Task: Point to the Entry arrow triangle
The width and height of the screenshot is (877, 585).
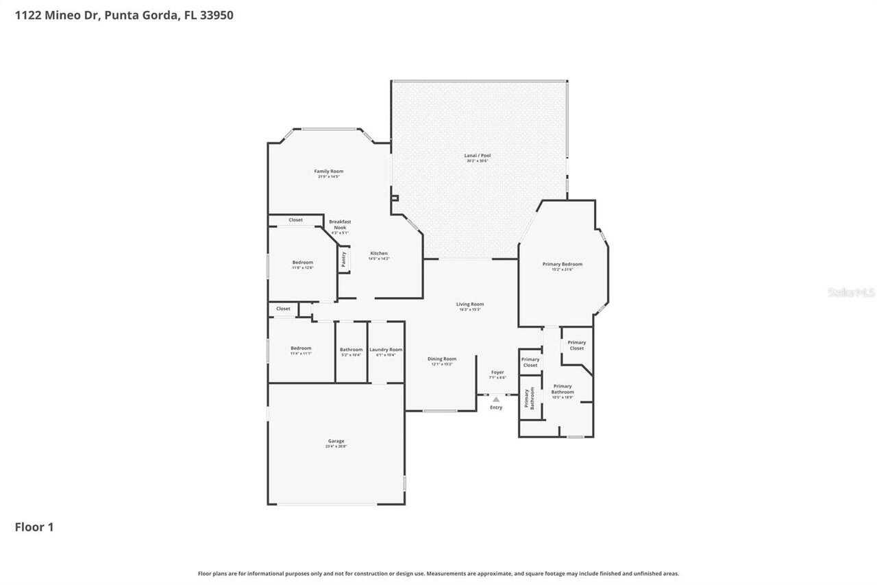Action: [x=496, y=399]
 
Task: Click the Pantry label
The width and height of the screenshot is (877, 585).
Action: [x=343, y=260]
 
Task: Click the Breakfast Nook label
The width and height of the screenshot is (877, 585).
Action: [x=340, y=224]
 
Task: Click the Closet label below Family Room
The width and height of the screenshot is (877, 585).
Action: [x=295, y=220]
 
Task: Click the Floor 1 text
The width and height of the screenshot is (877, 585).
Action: [x=34, y=527]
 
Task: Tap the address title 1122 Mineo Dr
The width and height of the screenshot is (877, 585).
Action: [x=124, y=14]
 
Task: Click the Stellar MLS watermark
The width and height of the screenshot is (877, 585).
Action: [x=851, y=292]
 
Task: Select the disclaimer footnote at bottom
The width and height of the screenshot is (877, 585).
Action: [x=438, y=573]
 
